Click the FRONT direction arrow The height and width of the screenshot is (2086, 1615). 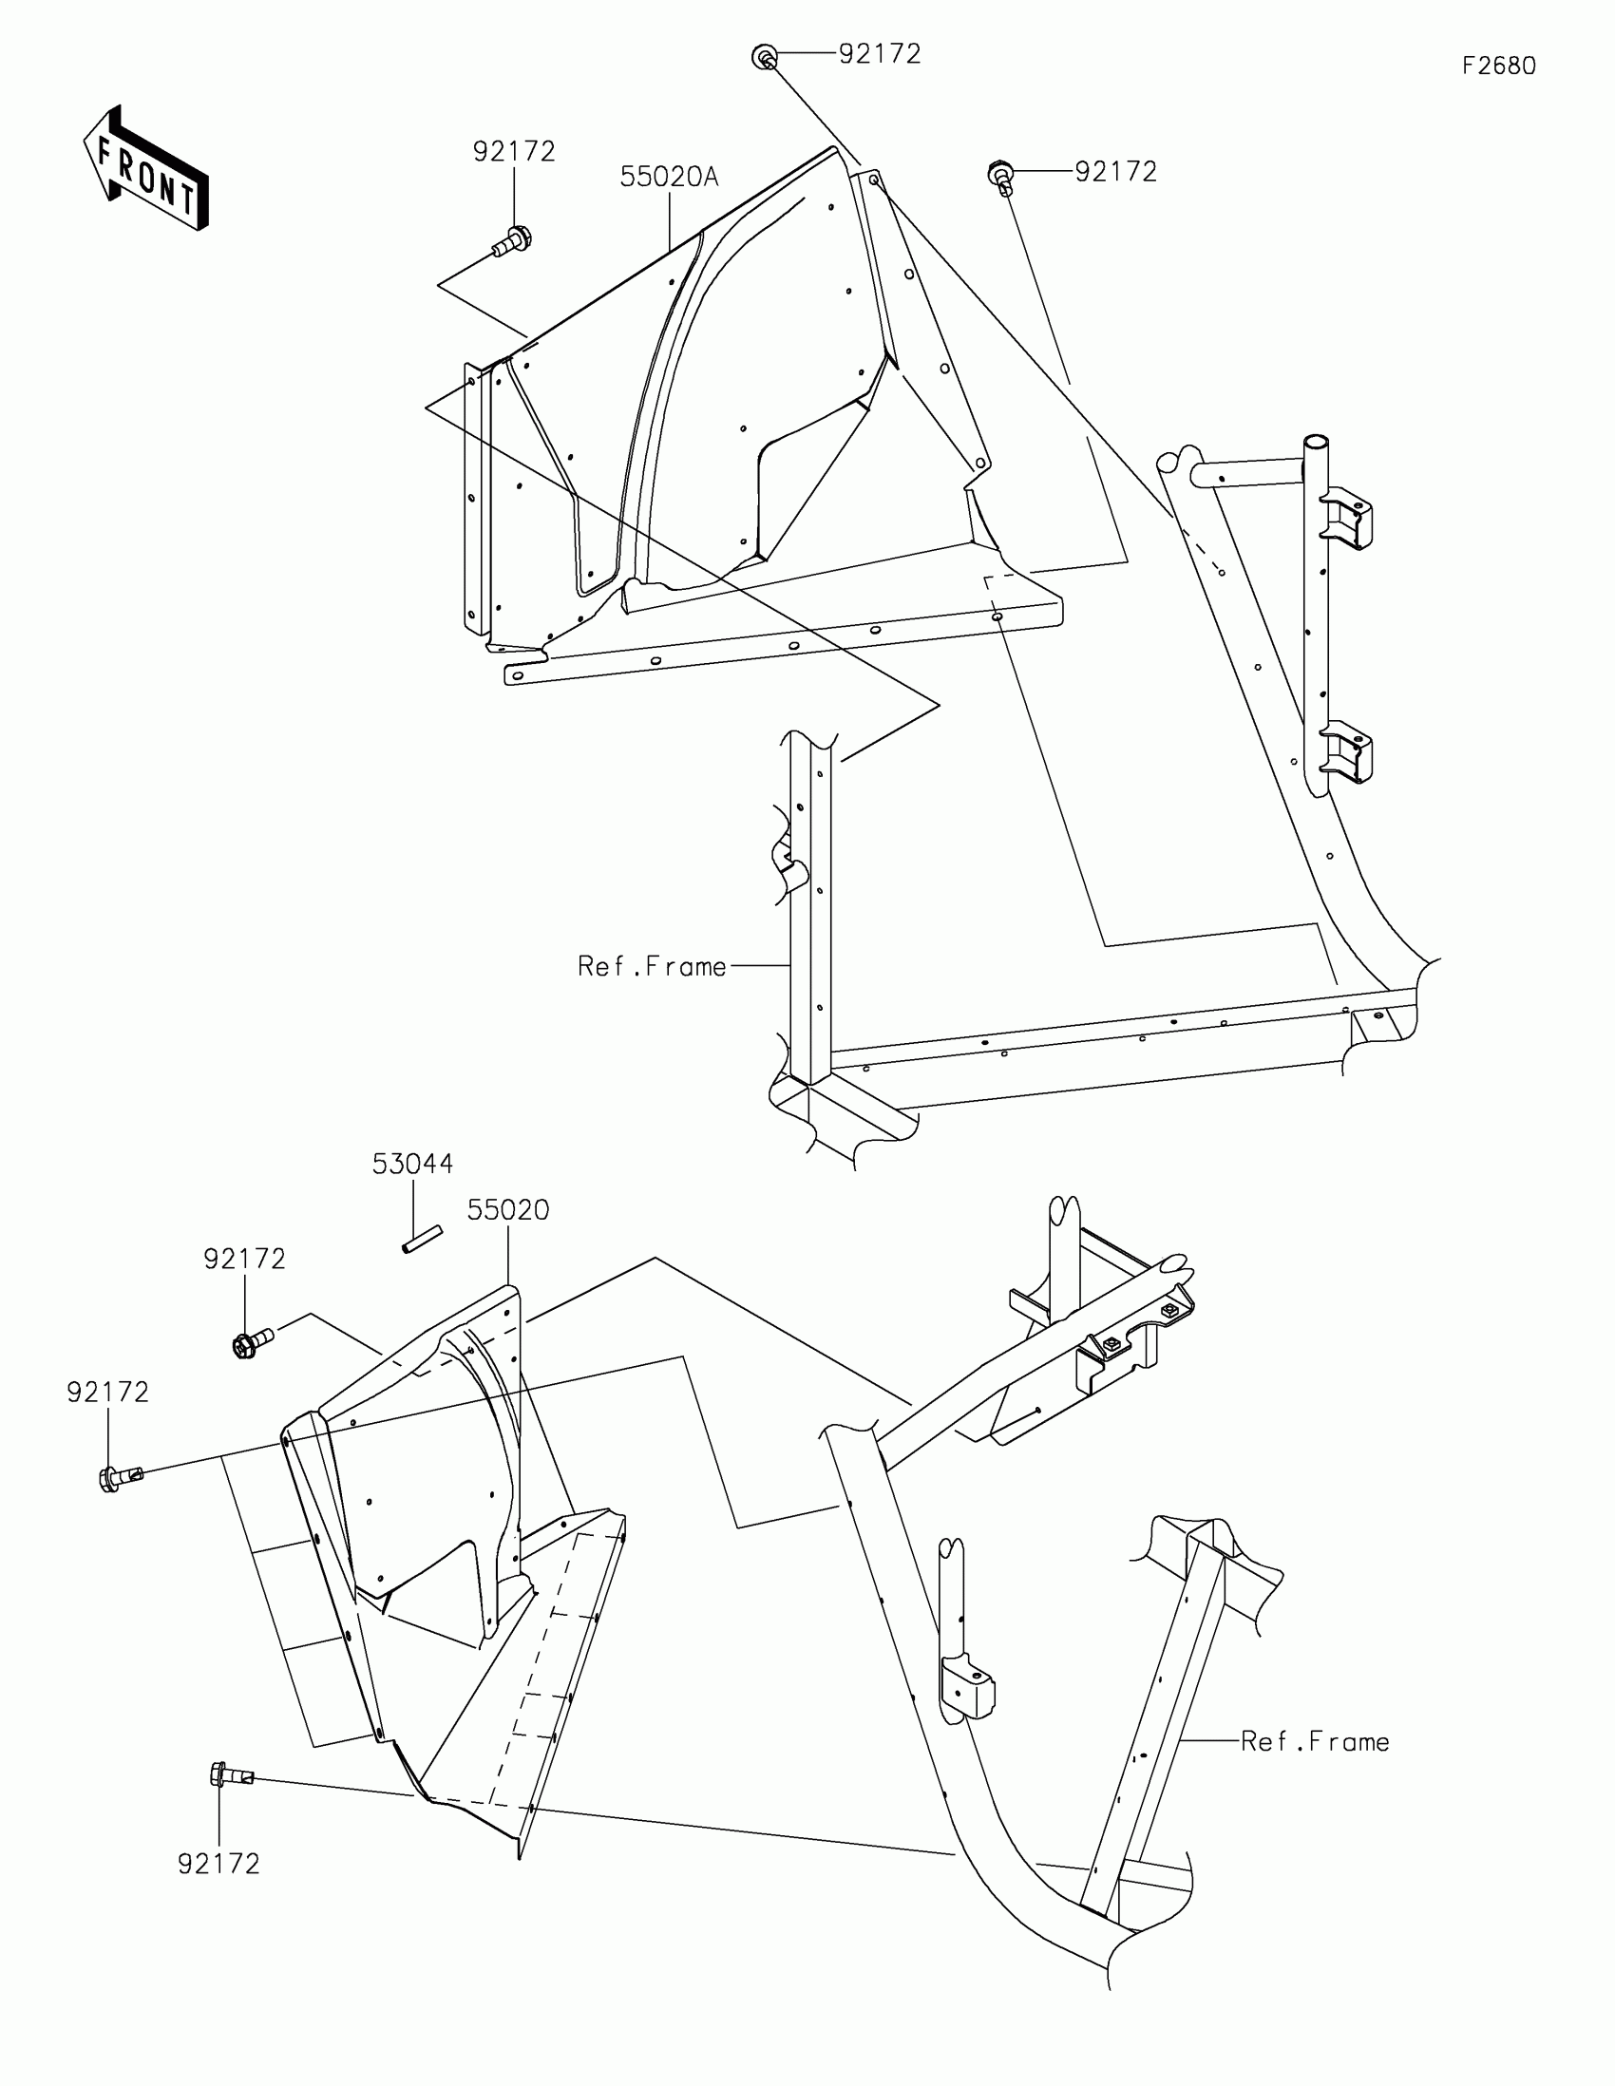146,168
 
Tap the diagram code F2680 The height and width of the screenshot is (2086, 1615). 1498,66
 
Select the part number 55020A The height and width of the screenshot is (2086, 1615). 669,177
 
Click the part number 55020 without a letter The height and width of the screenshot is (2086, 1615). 508,1210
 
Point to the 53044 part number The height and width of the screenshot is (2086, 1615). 412,1164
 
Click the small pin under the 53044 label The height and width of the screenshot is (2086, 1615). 421,1239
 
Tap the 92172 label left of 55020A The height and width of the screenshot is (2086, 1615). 514,152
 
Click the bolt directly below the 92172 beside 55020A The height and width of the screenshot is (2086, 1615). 513,239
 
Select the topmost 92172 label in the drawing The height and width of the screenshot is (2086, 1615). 880,54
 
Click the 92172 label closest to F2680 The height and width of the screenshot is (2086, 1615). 1115,172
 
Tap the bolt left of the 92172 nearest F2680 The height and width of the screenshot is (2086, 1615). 999,177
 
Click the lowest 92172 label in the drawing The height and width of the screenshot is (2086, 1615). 218,1864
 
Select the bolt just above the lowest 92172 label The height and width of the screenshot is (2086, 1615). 230,1775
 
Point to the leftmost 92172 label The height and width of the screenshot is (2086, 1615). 108,1393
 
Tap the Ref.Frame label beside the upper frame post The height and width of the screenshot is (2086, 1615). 652,967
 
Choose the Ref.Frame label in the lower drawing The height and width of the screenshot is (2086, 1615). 1314,1741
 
